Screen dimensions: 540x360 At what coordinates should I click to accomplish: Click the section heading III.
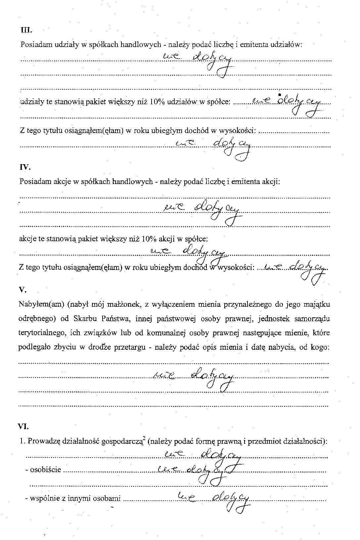pyautogui.click(x=26, y=30)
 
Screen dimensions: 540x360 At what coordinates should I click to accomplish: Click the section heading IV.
pyautogui.click(x=25, y=167)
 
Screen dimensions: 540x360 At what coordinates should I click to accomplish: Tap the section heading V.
pyautogui.click(x=22, y=290)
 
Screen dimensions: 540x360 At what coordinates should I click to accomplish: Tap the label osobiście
pyautogui.click(x=45, y=470)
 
